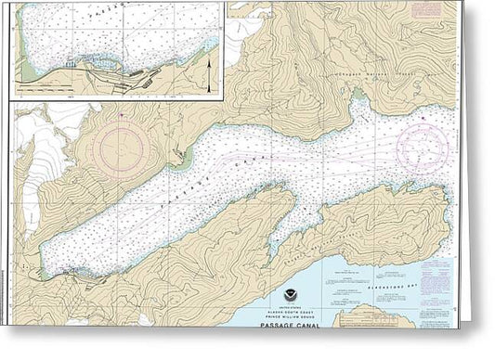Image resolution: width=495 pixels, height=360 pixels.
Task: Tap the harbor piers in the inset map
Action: click(x=74, y=68)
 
